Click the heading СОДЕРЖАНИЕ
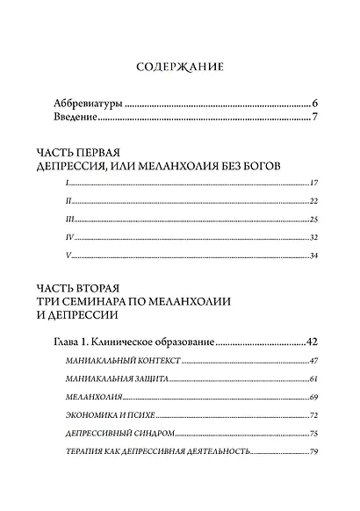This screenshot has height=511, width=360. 181,66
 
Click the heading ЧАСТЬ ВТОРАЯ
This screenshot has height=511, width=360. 83,287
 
